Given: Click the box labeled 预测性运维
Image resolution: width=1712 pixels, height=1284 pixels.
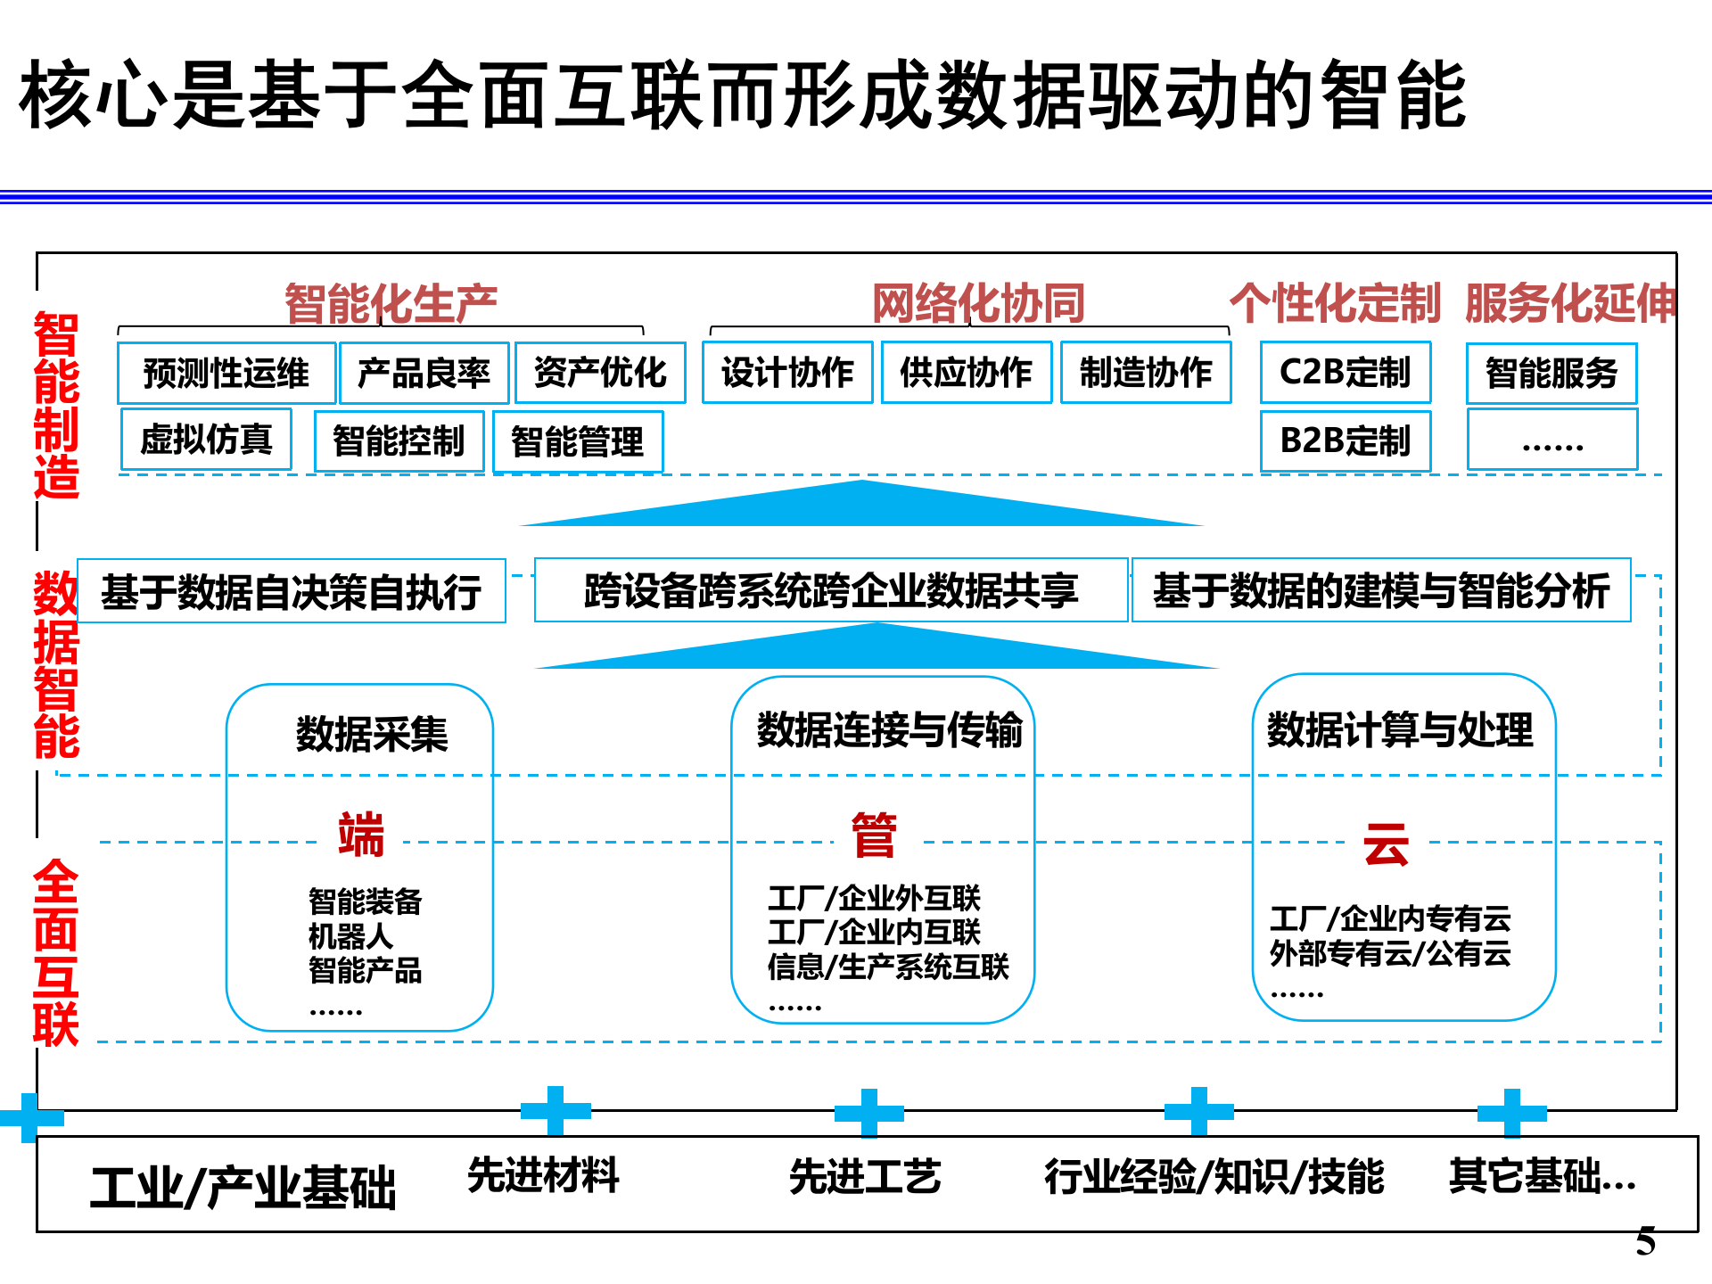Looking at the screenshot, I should [226, 373].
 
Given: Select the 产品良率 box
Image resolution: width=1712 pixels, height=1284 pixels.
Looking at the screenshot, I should [424, 373].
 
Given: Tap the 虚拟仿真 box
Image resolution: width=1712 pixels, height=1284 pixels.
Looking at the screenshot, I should [206, 440].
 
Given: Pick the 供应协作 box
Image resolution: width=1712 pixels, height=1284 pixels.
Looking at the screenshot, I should [967, 373].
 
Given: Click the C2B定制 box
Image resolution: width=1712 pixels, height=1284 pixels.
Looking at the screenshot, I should [1345, 373].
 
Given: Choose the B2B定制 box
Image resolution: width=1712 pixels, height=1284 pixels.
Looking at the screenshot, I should [1345, 440].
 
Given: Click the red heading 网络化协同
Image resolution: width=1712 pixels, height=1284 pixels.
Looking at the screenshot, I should [978, 303].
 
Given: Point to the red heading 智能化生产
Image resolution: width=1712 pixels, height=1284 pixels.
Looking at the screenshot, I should [391, 303].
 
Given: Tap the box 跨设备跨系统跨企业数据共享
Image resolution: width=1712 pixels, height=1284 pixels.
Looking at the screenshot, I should [831, 590].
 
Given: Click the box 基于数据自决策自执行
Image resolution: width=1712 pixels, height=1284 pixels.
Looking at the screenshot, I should [292, 591].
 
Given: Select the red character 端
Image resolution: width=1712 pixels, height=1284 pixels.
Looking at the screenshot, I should [361, 835].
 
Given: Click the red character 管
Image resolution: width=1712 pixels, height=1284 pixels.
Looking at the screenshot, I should [874, 835].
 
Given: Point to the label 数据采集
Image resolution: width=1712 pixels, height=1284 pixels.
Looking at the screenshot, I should [372, 734].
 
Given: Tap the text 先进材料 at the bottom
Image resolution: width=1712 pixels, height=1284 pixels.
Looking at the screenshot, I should [543, 1175].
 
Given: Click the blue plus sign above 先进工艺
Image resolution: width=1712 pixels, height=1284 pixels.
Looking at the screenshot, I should [869, 1113].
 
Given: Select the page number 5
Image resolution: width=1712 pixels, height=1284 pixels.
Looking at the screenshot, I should [1645, 1241].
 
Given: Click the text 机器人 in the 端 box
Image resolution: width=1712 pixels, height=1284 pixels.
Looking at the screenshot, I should [350, 936].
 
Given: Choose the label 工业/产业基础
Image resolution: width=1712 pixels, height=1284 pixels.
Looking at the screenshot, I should [243, 1188].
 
